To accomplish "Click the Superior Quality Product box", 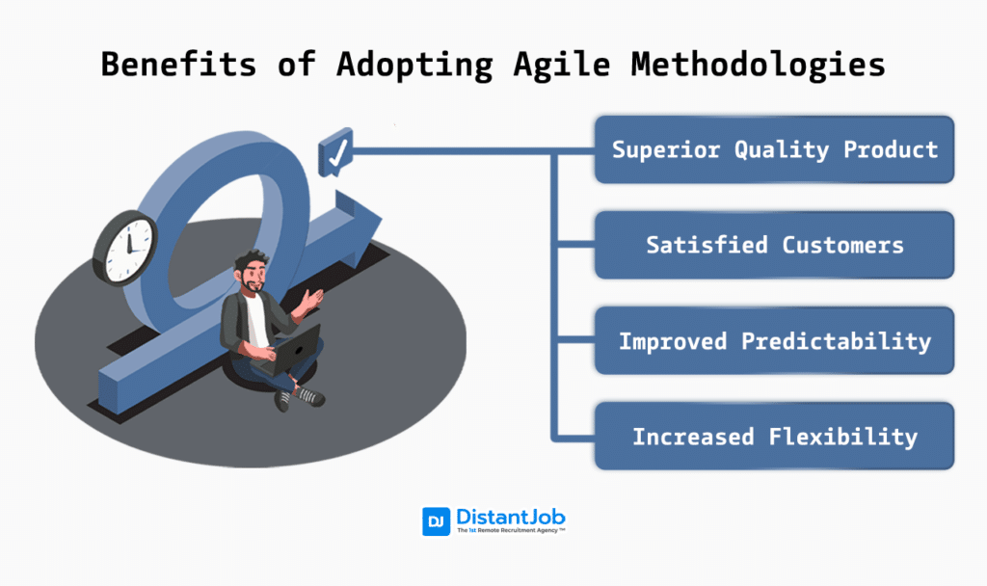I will point(774,149).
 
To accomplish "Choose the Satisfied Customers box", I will point(774,245).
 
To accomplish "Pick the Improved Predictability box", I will point(774,341).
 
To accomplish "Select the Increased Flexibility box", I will point(774,437).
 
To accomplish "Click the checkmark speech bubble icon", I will point(335,154).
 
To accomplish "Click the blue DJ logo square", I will point(436,521).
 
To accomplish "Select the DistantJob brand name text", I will point(511,517).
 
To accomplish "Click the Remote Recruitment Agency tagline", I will point(511,531).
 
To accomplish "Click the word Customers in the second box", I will point(842,245).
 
